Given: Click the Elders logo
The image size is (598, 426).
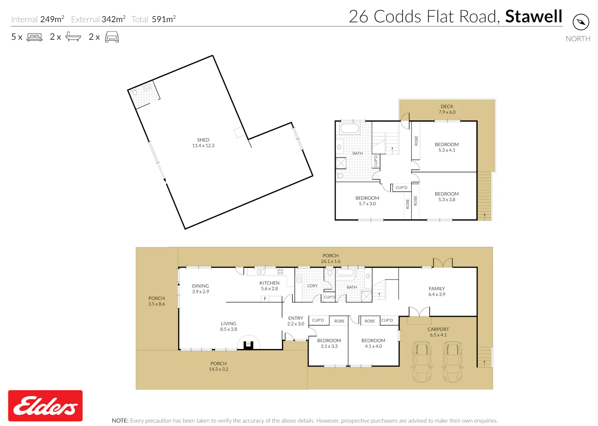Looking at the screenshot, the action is pyautogui.click(x=45, y=406).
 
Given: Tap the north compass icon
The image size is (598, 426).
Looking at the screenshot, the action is pyautogui.click(x=580, y=22).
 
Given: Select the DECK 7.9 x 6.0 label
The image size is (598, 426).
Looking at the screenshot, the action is pyautogui.click(x=447, y=109).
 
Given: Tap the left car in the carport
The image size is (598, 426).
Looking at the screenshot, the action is pyautogui.click(x=422, y=362).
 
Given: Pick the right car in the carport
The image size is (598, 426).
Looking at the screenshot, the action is pyautogui.click(x=453, y=362).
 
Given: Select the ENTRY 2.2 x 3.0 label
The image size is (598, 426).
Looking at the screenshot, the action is pyautogui.click(x=295, y=321).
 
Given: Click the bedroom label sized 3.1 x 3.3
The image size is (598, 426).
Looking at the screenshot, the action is pyautogui.click(x=329, y=343).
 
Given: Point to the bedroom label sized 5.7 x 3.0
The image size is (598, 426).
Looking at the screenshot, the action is pyautogui.click(x=367, y=201).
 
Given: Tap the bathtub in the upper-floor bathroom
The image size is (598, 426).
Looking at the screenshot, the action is pyautogui.click(x=350, y=128).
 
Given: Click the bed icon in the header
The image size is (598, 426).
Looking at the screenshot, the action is pyautogui.click(x=34, y=37).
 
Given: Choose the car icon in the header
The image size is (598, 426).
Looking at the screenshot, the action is pyautogui.click(x=112, y=37).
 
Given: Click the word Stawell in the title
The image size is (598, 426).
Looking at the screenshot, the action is pyautogui.click(x=534, y=16).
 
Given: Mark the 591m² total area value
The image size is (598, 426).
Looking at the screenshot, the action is pyautogui.click(x=163, y=19).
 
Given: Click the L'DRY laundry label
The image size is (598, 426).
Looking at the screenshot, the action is pyautogui.click(x=312, y=286).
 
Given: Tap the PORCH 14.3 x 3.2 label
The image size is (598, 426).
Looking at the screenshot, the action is pyautogui.click(x=218, y=366).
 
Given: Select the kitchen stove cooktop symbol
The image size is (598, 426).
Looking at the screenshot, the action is pyautogui.click(x=280, y=272).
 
